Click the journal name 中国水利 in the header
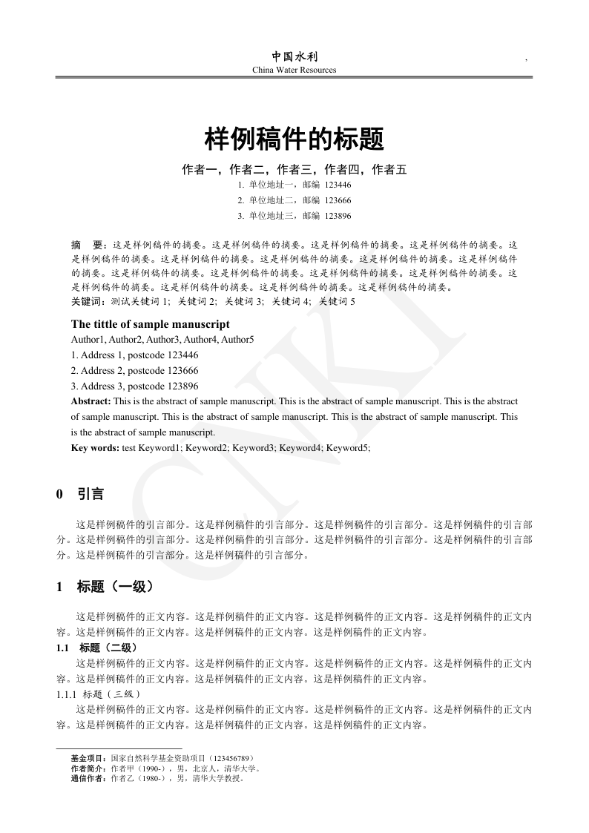pyautogui.click(x=294, y=56)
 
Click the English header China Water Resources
pyautogui.click(x=294, y=70)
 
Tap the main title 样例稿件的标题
pyautogui.click(x=294, y=139)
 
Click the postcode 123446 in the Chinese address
pyautogui.click(x=338, y=185)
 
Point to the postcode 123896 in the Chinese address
pyautogui.click(x=338, y=216)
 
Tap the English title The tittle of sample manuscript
pyautogui.click(x=151, y=324)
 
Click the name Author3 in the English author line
pyautogui.click(x=162, y=339)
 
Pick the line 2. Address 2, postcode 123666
pyautogui.click(x=134, y=370)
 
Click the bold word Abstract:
pyautogui.click(x=91, y=401)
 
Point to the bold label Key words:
pyautogui.click(x=95, y=447)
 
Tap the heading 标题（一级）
pyautogui.click(x=116, y=587)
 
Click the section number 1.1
pyautogui.click(x=62, y=648)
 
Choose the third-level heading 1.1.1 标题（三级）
pyautogui.click(x=98, y=694)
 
